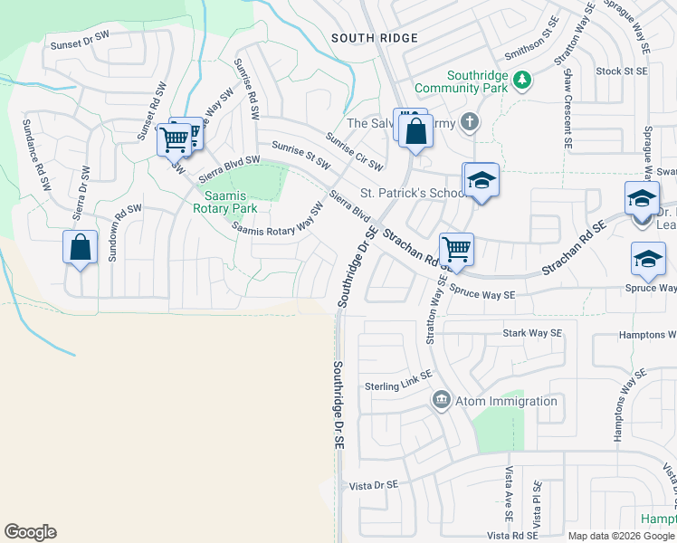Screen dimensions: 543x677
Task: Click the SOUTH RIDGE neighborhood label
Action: pos(374,38)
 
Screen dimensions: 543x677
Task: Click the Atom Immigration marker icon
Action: pos(442,400)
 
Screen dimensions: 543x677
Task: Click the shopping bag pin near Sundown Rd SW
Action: pos(80,246)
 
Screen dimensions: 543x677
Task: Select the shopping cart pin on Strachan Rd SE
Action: pos(456,248)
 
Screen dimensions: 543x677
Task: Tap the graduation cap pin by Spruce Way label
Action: pos(648,259)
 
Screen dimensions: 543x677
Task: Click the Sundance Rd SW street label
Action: pos(42,166)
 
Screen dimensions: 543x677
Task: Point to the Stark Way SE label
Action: pos(532,333)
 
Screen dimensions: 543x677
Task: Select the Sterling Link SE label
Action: pos(398,386)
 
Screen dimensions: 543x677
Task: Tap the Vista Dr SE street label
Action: pos(373,485)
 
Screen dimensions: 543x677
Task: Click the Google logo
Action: pos(30,532)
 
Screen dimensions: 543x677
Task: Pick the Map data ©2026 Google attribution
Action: pos(621,536)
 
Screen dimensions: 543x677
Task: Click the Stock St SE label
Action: pos(622,71)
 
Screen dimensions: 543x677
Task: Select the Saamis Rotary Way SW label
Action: pos(279,221)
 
